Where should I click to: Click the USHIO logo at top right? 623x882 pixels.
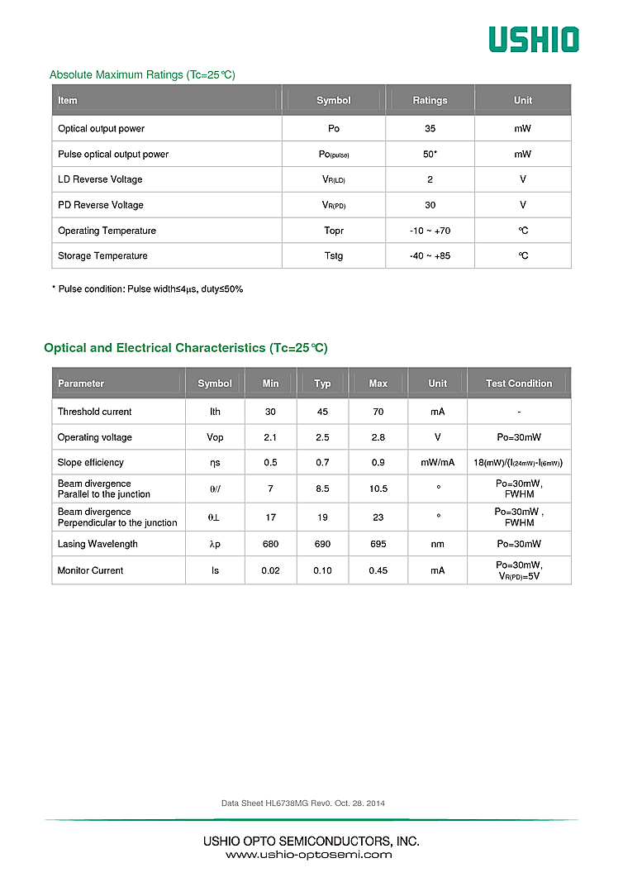click(x=533, y=39)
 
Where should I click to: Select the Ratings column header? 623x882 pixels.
click(x=430, y=101)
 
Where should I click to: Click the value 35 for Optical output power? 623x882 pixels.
click(x=430, y=129)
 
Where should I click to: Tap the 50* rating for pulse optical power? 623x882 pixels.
click(x=430, y=155)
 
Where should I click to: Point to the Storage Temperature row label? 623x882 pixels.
click(x=102, y=256)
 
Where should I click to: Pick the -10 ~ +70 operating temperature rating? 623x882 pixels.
click(x=430, y=231)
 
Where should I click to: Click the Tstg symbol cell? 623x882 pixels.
click(x=333, y=256)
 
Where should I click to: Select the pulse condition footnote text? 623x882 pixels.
click(x=147, y=289)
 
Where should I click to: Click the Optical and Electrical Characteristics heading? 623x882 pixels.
click(x=186, y=348)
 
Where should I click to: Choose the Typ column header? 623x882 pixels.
click(x=322, y=384)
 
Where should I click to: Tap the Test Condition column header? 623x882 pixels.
click(x=519, y=384)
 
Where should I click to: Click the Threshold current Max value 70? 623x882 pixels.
click(x=378, y=412)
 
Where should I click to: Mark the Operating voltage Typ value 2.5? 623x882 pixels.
click(x=322, y=437)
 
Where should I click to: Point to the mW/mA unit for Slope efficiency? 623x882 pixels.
click(x=438, y=463)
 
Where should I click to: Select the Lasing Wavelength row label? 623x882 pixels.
click(x=97, y=544)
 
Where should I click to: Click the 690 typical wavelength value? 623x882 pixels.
click(x=322, y=544)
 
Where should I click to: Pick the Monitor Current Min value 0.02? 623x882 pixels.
click(x=270, y=570)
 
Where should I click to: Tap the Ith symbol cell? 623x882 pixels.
click(x=215, y=412)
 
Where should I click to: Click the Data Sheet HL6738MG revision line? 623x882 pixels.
click(x=303, y=803)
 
